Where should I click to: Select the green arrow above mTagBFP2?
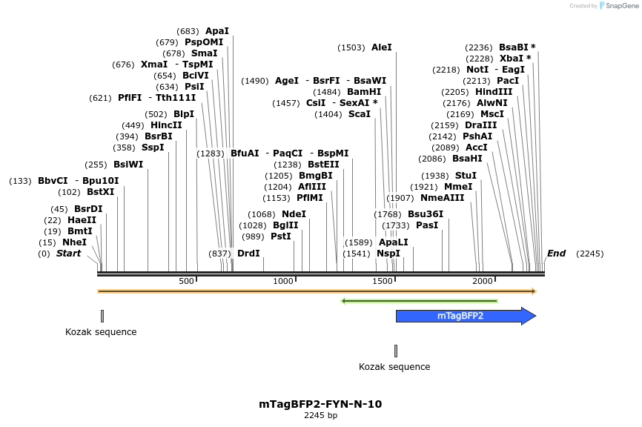(x=419, y=301)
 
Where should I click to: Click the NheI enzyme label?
(x=74, y=242)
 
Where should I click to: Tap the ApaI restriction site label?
(x=217, y=31)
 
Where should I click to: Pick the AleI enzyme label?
(x=382, y=47)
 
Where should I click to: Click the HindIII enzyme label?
(x=494, y=92)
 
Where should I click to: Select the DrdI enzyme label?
(x=248, y=254)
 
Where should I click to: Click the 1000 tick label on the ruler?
(x=283, y=281)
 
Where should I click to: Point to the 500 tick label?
(x=186, y=281)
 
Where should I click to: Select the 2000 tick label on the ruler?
(x=483, y=281)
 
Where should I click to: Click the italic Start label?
(x=69, y=254)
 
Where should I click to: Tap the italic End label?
(x=556, y=254)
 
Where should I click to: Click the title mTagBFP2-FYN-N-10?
(x=320, y=404)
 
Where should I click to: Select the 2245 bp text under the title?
(x=320, y=416)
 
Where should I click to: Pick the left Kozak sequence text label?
(x=101, y=332)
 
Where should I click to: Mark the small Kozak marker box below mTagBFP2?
(x=396, y=351)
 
